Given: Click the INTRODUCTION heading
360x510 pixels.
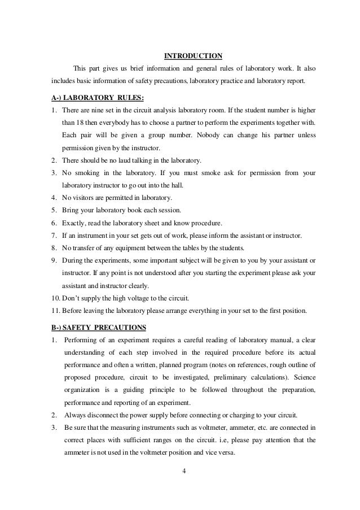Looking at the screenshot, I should coord(193,55).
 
